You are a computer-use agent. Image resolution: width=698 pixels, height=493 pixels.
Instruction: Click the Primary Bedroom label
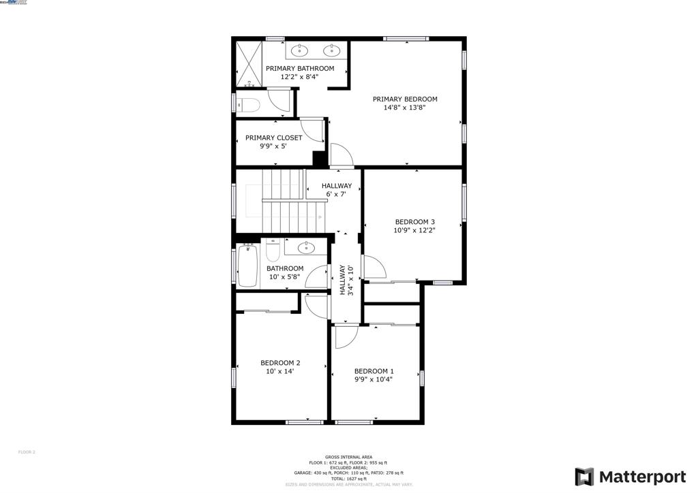click(405, 99)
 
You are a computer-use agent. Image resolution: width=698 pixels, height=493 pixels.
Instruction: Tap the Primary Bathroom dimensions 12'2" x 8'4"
click(300, 77)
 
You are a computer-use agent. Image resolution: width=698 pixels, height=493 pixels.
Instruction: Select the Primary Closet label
click(273, 138)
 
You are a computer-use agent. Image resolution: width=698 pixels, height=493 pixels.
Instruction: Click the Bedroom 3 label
click(414, 222)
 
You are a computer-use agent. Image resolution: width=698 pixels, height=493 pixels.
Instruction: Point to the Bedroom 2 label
click(280, 363)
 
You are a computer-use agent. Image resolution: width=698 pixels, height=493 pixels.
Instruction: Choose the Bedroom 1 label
click(374, 371)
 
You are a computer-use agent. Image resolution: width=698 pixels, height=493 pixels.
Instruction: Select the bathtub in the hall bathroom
click(247, 266)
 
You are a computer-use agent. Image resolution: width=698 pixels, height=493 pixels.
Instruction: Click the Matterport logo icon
click(584, 477)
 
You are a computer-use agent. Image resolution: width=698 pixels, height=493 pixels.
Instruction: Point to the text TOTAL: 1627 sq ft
click(348, 479)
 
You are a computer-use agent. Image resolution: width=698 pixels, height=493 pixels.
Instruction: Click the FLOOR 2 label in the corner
click(26, 452)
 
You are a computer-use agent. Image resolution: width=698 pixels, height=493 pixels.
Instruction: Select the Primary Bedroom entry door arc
click(341, 155)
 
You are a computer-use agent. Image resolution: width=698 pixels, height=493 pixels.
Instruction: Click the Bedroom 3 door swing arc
click(374, 266)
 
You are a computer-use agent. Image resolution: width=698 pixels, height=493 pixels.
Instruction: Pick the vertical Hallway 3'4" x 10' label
click(347, 280)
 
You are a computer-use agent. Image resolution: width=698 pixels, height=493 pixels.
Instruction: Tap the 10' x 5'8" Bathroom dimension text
click(284, 277)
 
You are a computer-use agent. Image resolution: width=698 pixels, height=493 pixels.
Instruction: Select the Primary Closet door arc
click(312, 129)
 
